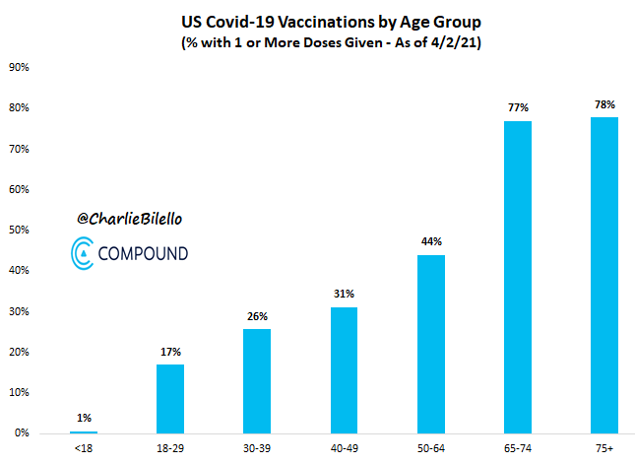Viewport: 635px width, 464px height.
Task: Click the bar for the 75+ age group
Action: coord(604,275)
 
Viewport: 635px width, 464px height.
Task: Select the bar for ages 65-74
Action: coord(518,277)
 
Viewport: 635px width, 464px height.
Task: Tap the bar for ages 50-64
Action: coord(431,344)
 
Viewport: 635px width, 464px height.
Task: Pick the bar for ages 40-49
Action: coord(345,369)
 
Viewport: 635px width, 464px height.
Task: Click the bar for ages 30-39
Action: coord(257,380)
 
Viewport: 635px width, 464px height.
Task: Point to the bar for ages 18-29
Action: coord(170,398)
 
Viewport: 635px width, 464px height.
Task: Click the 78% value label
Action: coord(604,104)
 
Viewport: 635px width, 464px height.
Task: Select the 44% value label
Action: coord(431,241)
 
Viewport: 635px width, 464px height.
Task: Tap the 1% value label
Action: coord(84,417)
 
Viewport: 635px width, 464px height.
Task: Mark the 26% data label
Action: coord(257,315)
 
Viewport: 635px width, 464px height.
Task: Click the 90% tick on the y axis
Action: coord(19,68)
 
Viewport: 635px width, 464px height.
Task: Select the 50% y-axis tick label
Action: coord(19,231)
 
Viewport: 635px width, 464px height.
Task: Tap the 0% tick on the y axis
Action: coord(22,433)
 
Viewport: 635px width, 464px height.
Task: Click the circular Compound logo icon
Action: coord(84,253)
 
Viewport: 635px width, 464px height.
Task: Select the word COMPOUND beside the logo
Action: coord(144,254)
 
